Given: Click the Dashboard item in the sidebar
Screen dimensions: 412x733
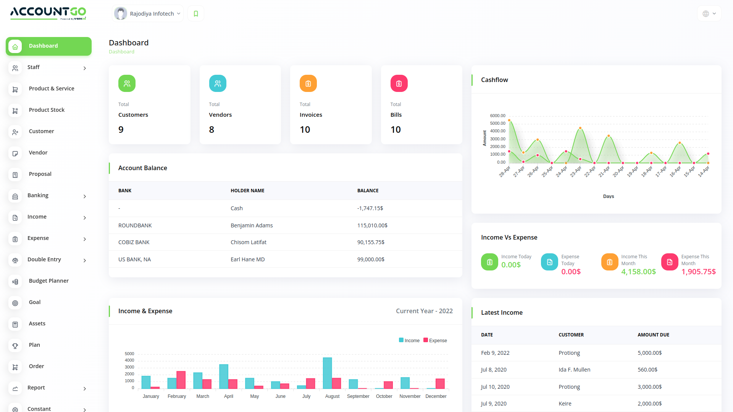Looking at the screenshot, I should pyautogui.click(x=48, y=46).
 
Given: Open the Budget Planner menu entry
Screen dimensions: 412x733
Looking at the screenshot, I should pyautogui.click(x=48, y=281).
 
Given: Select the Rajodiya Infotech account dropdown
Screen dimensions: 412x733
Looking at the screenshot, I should pyautogui.click(x=148, y=14).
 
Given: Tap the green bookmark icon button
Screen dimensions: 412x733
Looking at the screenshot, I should pyautogui.click(x=196, y=14).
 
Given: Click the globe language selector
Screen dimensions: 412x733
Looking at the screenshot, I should pyautogui.click(x=709, y=14).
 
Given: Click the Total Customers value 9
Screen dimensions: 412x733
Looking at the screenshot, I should pyautogui.click(x=121, y=130).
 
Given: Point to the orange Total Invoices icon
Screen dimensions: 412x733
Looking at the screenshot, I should pyautogui.click(x=308, y=84).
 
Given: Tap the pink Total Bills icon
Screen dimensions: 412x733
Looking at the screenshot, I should pyautogui.click(x=399, y=84).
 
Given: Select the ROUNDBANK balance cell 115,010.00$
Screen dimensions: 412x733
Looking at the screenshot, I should pyautogui.click(x=372, y=225).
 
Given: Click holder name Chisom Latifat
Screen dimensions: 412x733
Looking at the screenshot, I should pyautogui.click(x=249, y=242).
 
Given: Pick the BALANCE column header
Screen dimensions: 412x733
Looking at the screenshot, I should pyautogui.click(x=368, y=191).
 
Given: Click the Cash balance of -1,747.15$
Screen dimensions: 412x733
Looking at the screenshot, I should pyautogui.click(x=370, y=208).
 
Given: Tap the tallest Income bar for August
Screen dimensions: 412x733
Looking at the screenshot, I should pyautogui.click(x=327, y=373).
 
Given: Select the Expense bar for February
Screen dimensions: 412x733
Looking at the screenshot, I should pyautogui.click(x=181, y=380).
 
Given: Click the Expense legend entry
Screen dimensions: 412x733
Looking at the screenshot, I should pyautogui.click(x=435, y=341).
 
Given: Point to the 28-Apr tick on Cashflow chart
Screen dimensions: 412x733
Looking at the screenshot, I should pyautogui.click(x=505, y=171).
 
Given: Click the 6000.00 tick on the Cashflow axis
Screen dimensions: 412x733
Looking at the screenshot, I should pyautogui.click(x=497, y=116).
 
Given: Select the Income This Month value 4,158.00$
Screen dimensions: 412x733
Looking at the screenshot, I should pyautogui.click(x=638, y=272).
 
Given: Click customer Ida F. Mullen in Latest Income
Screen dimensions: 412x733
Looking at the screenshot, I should pyautogui.click(x=574, y=370).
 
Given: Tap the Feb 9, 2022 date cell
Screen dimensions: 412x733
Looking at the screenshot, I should pyautogui.click(x=495, y=353).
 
